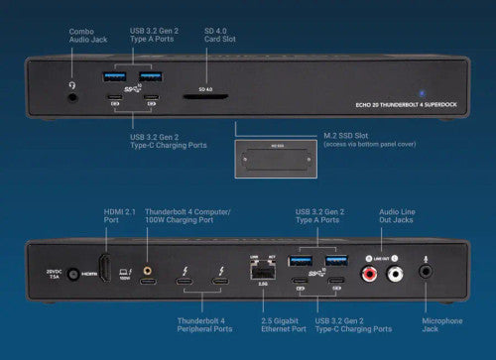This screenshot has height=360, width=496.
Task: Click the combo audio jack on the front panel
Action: click(71, 86)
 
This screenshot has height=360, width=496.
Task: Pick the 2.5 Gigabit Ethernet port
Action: click(265, 271)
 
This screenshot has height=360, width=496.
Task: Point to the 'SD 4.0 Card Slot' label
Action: click(218, 37)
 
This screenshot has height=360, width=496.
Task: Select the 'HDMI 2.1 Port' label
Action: click(118, 216)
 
